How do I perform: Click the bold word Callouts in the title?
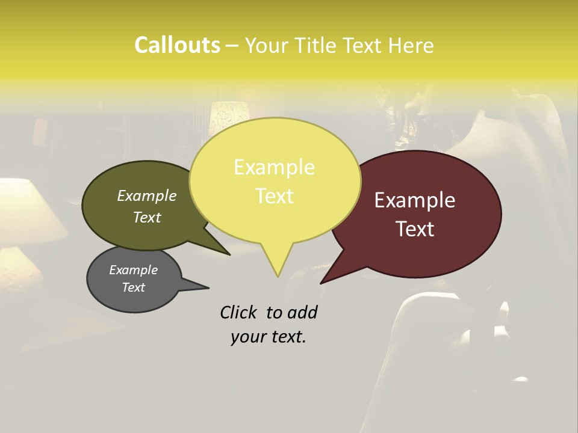click(177, 45)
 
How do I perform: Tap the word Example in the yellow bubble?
click(274, 167)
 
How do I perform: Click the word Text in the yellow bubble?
click(274, 196)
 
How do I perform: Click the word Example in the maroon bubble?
click(415, 200)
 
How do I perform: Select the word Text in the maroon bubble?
click(415, 229)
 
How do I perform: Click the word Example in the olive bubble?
click(146, 196)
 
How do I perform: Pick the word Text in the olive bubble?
click(146, 218)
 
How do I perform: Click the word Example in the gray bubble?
click(133, 270)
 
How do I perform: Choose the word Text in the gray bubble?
click(133, 287)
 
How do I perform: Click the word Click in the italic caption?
click(239, 312)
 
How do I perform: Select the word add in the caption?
click(302, 312)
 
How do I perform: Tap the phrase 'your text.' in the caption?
click(269, 337)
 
